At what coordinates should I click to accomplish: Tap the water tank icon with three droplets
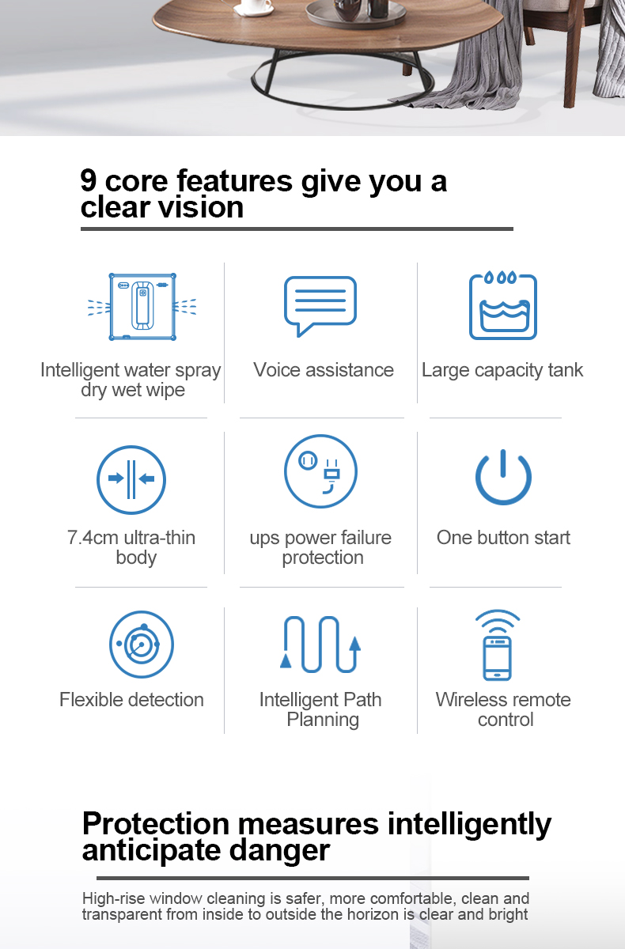pos(503,305)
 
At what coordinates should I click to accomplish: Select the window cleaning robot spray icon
pos(142,307)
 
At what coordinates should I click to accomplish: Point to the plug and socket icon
pos(320,471)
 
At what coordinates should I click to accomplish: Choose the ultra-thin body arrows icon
pos(131,479)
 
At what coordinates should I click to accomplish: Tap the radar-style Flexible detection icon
pos(142,644)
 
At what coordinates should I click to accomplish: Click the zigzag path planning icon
pos(320,645)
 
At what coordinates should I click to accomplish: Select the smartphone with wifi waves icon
pos(498,645)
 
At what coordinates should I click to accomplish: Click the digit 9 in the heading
pos(89,180)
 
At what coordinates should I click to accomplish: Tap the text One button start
pos(503,538)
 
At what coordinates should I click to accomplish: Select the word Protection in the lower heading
pos(156,824)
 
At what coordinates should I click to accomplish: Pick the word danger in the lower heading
pos(279,850)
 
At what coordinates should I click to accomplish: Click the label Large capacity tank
pos(502,370)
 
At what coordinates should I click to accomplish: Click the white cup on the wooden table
pos(256,7)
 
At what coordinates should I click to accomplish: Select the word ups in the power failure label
pos(264,539)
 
